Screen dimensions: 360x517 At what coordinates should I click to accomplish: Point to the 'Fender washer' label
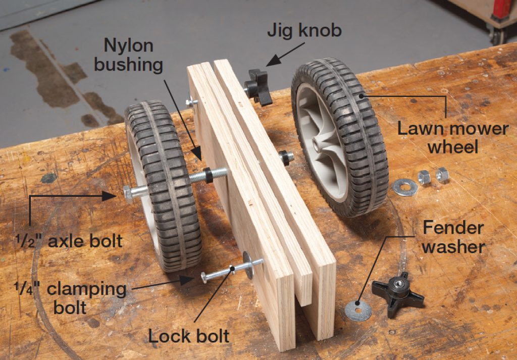tap(453, 237)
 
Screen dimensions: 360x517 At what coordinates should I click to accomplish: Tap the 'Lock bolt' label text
tap(189, 335)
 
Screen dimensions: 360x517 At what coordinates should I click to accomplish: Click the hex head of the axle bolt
tap(128, 193)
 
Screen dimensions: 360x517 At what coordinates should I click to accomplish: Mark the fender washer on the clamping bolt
tap(248, 264)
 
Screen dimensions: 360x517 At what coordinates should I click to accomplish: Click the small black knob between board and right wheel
tap(286, 158)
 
